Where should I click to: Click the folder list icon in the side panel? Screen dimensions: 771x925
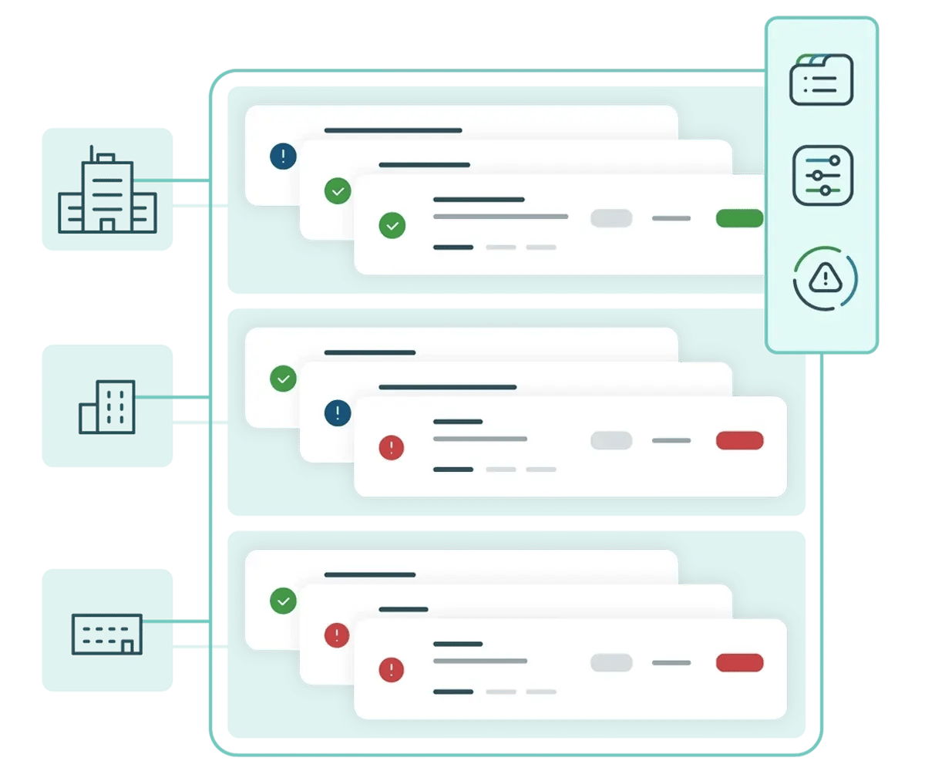click(x=822, y=79)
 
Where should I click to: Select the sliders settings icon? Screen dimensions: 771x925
click(x=822, y=175)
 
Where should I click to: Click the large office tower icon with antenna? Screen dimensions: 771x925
click(x=107, y=190)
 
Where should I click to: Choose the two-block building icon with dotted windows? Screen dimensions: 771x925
click(x=107, y=406)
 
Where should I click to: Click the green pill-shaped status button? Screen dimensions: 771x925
click(x=739, y=218)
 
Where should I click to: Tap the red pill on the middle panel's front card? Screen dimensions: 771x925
click(x=739, y=440)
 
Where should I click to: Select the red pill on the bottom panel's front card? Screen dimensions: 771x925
click(x=739, y=662)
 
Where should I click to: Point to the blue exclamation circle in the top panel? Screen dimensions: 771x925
click(x=283, y=157)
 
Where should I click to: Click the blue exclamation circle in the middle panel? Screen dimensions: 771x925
click(x=338, y=412)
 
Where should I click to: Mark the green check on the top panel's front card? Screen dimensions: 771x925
click(x=392, y=226)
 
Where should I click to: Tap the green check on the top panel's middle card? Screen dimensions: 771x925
click(x=338, y=191)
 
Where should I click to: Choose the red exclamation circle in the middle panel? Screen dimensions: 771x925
click(x=392, y=448)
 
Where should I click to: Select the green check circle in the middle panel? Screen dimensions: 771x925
click(x=283, y=379)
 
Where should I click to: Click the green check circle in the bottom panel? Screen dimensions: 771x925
click(x=283, y=601)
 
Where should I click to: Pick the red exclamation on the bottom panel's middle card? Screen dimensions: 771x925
click(x=338, y=635)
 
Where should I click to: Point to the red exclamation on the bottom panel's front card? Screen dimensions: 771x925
click(x=392, y=670)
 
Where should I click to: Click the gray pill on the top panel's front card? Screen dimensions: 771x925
click(x=611, y=218)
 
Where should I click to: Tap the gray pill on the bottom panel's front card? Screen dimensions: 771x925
click(x=611, y=662)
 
